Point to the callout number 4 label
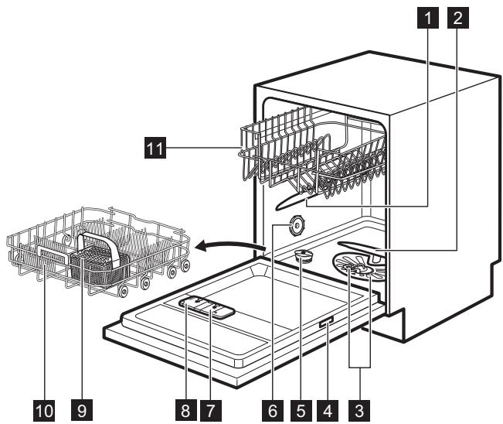coord(330,407)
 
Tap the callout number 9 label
coord(75,407)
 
